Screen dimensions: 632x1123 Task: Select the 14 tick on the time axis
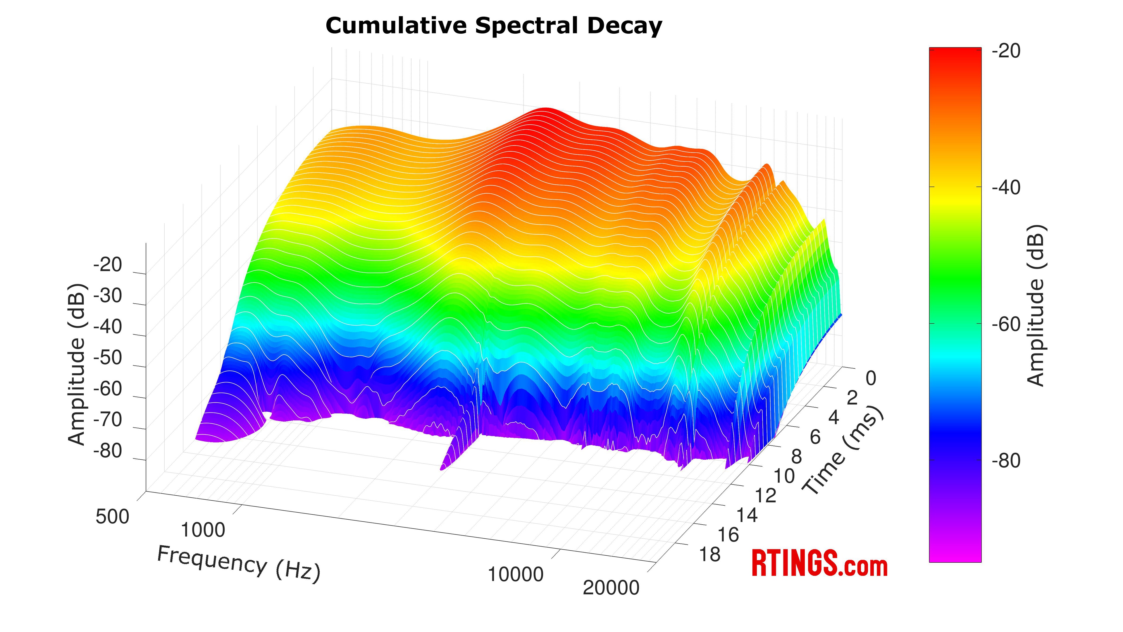[747, 516]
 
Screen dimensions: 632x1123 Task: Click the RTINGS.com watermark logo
[819, 564]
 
